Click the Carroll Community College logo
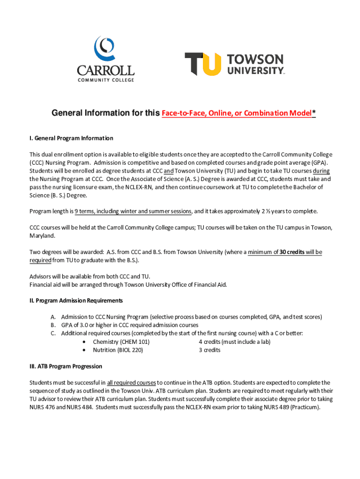[106, 59]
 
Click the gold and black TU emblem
[202, 64]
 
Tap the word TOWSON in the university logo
[255, 59]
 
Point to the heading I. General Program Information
[71, 138]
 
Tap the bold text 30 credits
[292, 252]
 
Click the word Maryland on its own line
[42, 236]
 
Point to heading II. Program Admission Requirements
[76, 300]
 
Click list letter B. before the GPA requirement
[54, 325]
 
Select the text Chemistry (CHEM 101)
[121, 342]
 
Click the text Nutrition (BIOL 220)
[118, 350]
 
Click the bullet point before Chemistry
[84, 342]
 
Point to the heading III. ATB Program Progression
[66, 366]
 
